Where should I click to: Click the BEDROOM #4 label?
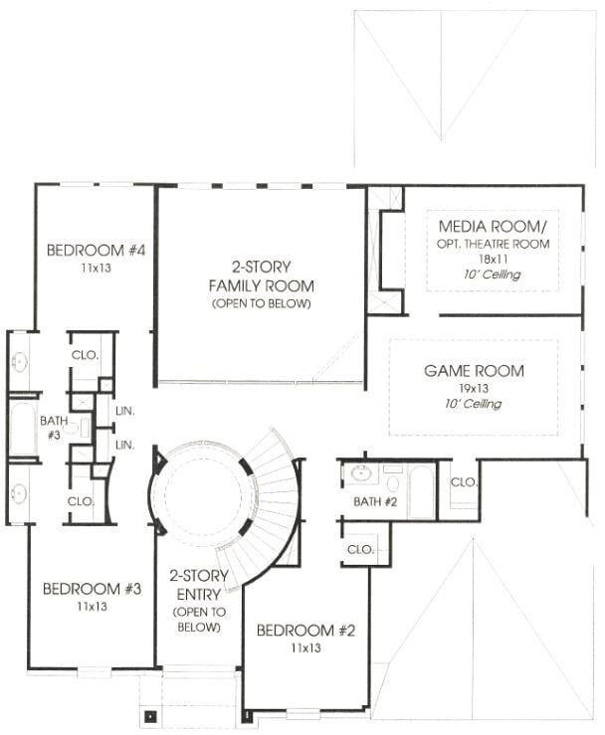pos(97,250)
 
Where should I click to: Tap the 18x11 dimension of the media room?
pos(493,259)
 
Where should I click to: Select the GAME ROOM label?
pos(475,371)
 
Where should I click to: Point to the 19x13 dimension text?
pos(474,388)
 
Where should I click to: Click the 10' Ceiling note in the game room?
pos(473,403)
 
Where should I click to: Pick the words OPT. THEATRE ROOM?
pos(493,244)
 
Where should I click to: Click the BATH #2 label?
pos(375,502)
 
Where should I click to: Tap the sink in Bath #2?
pos(361,473)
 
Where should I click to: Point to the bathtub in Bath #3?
pos(23,429)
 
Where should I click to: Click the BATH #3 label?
pos(54,428)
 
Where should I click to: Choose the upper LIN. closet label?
pos(124,412)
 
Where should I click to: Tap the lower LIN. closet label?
pos(124,445)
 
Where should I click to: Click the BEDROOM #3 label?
pos(92,589)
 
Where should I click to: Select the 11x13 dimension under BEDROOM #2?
pos(305,647)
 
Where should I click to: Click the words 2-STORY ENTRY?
pos(199,585)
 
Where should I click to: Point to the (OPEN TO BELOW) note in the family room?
pos(262,303)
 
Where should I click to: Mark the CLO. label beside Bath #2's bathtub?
pos(464,481)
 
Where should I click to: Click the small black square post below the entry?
pos(150,716)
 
